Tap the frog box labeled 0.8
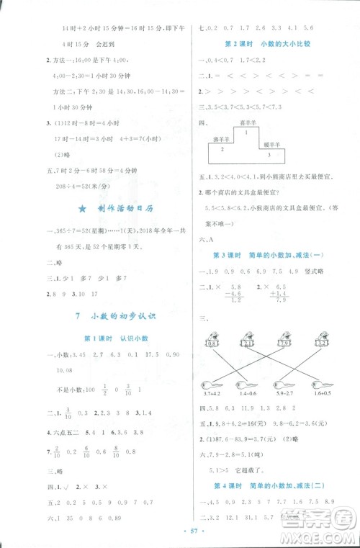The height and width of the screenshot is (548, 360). [x=213, y=343]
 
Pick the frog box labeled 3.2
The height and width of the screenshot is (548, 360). [x=321, y=343]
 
